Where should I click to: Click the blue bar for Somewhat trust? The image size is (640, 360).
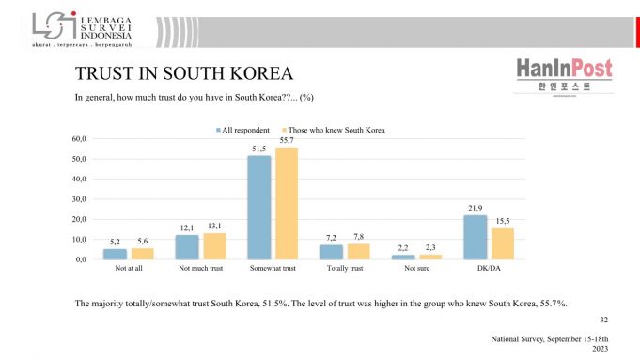click(258, 208)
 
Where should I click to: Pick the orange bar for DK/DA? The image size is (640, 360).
click(503, 243)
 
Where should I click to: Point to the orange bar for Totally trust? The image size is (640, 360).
click(358, 251)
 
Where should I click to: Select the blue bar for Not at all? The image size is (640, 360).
click(115, 254)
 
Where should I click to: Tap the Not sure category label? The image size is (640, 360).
click(416, 269)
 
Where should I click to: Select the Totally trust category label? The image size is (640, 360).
click(344, 269)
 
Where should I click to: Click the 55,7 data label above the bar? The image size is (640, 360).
click(286, 140)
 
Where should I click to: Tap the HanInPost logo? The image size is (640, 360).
click(564, 75)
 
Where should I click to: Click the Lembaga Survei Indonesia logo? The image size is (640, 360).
click(80, 29)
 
